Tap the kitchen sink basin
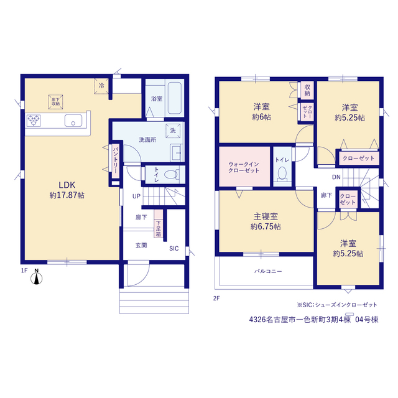(x=73, y=120)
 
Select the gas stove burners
(x=34, y=121)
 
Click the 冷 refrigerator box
(x=101, y=86)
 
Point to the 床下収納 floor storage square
(x=55, y=102)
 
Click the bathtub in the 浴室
(x=175, y=98)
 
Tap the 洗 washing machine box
(x=173, y=131)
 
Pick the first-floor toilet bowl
(x=171, y=174)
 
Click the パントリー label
(x=116, y=160)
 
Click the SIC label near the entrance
(x=174, y=249)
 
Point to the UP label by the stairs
(x=136, y=197)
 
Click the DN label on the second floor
(x=336, y=177)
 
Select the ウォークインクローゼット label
(x=244, y=167)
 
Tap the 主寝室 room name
(x=266, y=216)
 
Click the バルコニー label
(x=268, y=271)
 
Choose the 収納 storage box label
(x=307, y=90)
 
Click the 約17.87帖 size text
(x=67, y=195)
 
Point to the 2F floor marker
(x=216, y=298)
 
